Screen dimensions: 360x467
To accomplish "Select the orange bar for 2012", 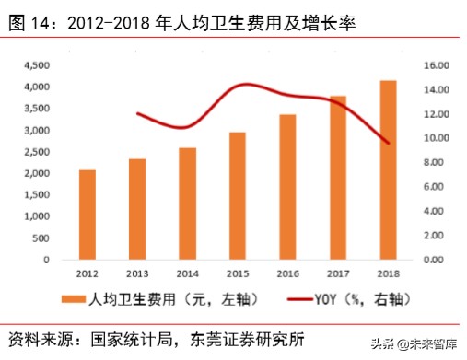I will pyautogui.click(x=87, y=215).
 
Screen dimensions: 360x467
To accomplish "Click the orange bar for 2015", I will pyautogui.click(x=238, y=196).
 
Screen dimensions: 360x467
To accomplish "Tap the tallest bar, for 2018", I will pyautogui.click(x=389, y=169).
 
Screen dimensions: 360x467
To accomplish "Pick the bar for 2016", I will pyautogui.click(x=288, y=187).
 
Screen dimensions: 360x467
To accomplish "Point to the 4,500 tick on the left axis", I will pyautogui.click(x=38, y=65).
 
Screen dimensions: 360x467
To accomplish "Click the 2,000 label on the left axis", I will pyautogui.click(x=38, y=173).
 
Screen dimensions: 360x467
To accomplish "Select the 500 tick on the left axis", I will pyautogui.click(x=42, y=238).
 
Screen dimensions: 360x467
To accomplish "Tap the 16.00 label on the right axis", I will pyautogui.click(x=435, y=65).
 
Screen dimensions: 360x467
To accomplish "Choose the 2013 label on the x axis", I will pyautogui.click(x=137, y=274).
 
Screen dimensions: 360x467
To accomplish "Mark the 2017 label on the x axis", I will pyautogui.click(x=338, y=274).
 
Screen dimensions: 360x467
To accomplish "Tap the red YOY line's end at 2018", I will pyautogui.click(x=389, y=144).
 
